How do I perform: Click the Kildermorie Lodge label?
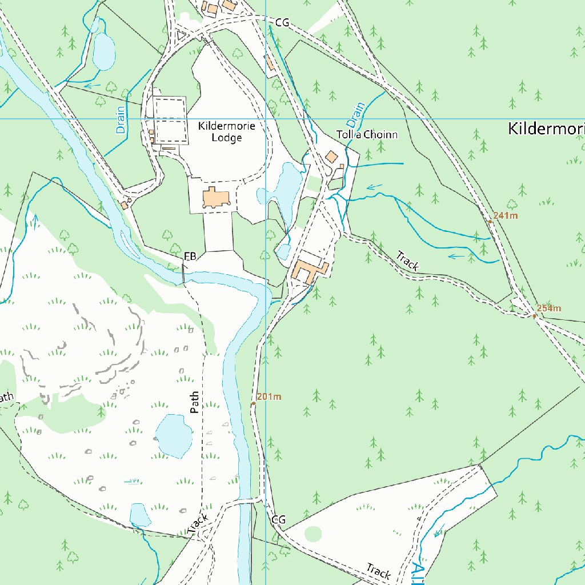[x=227, y=131]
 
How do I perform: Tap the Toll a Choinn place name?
[x=367, y=135]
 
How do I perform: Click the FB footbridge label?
[x=190, y=257]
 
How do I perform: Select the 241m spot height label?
[x=506, y=215]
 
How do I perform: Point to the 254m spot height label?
[x=549, y=308]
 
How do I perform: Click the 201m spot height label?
[x=269, y=397]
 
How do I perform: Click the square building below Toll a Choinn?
[x=331, y=157]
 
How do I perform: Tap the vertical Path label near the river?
[x=195, y=402]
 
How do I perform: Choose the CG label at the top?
[x=282, y=23]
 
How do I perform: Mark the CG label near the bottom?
[x=278, y=520]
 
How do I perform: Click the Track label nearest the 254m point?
[x=408, y=261]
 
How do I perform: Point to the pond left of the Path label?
[x=173, y=436]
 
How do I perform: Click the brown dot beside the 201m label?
[x=254, y=403]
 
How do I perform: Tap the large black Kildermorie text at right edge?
[x=546, y=129]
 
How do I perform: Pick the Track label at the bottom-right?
[x=378, y=571]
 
